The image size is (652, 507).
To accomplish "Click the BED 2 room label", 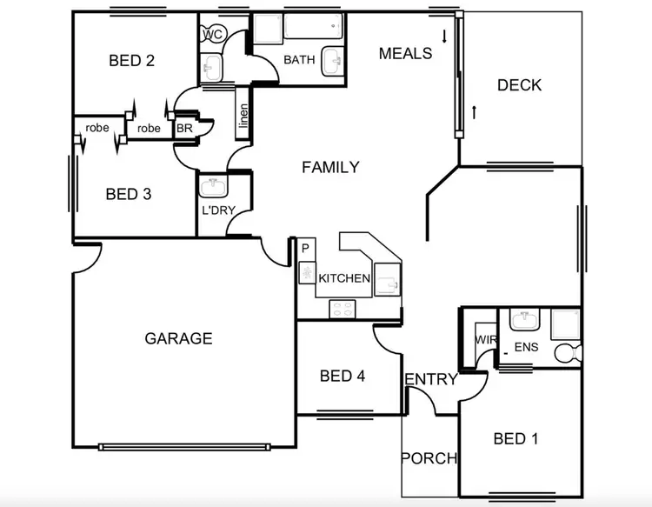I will pyautogui.click(x=131, y=61).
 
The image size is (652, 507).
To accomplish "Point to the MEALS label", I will pyautogui.click(x=405, y=54).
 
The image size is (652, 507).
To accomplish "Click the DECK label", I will pyautogui.click(x=519, y=85).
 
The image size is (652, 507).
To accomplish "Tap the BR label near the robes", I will pyautogui.click(x=184, y=129).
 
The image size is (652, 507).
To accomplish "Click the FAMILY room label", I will pyautogui.click(x=330, y=167).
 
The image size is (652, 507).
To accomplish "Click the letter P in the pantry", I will pyautogui.click(x=305, y=250).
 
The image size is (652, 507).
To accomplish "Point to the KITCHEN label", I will pyautogui.click(x=344, y=279).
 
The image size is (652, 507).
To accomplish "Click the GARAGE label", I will pyautogui.click(x=178, y=338).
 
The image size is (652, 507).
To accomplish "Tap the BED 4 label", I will pyautogui.click(x=342, y=376).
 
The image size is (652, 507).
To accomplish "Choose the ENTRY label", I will pyautogui.click(x=430, y=379).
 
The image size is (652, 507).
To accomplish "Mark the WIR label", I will pyautogui.click(x=484, y=341).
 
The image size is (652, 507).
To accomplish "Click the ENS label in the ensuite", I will pyautogui.click(x=526, y=348).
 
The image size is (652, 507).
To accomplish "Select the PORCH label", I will pyautogui.click(x=429, y=458).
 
